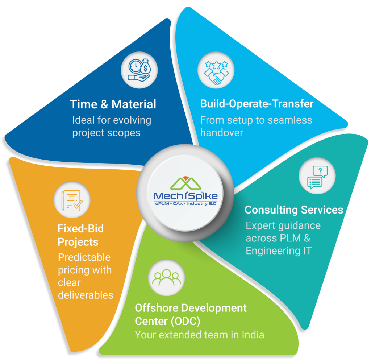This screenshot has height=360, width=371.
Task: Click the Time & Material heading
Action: [113, 104]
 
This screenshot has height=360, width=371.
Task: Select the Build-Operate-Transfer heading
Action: [257, 104]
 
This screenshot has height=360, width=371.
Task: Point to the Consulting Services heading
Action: [293, 210]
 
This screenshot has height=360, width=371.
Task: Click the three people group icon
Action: [167, 277]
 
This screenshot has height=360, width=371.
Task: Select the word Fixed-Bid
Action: [80, 229]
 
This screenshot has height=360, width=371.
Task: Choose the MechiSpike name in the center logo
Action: [185, 196]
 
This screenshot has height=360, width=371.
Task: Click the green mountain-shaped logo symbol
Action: [185, 183]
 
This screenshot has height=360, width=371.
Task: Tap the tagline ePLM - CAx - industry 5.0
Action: [185, 204]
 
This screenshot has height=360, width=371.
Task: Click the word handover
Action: [221, 133]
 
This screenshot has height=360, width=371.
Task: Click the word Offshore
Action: [157, 308]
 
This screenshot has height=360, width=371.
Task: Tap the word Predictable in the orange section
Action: [84, 257]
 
